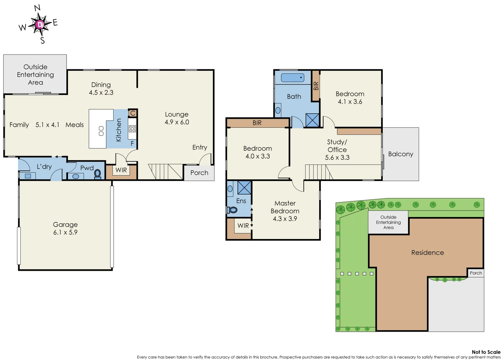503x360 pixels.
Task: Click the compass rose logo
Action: (x=39, y=24)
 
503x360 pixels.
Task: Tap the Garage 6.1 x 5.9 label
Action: (x=65, y=228)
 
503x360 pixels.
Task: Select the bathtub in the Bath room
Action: (x=292, y=78)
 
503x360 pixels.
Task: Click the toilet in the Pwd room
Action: (x=98, y=174)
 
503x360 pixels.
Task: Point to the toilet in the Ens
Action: (x=233, y=210)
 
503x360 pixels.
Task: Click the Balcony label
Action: (x=400, y=154)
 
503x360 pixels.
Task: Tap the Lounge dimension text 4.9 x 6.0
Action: (x=177, y=122)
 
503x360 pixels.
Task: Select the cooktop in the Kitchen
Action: (x=132, y=129)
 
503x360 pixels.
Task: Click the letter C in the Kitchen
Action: (x=133, y=113)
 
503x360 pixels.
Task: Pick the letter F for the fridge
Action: (x=132, y=144)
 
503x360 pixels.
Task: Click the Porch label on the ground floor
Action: (x=199, y=173)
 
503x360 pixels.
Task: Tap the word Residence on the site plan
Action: (x=427, y=253)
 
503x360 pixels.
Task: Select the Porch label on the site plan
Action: (x=476, y=273)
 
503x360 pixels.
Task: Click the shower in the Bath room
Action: (x=312, y=120)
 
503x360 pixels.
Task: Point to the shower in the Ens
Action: (x=244, y=188)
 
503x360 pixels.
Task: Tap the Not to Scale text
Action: (x=486, y=352)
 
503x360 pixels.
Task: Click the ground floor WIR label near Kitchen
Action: (x=121, y=170)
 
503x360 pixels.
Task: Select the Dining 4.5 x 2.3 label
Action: (x=101, y=89)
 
